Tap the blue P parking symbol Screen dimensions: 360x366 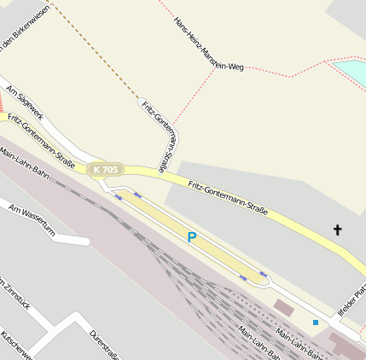point(192,237)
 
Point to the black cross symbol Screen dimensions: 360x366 point(337,229)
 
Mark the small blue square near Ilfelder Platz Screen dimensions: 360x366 point(315,322)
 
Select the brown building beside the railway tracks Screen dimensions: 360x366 point(282,305)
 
